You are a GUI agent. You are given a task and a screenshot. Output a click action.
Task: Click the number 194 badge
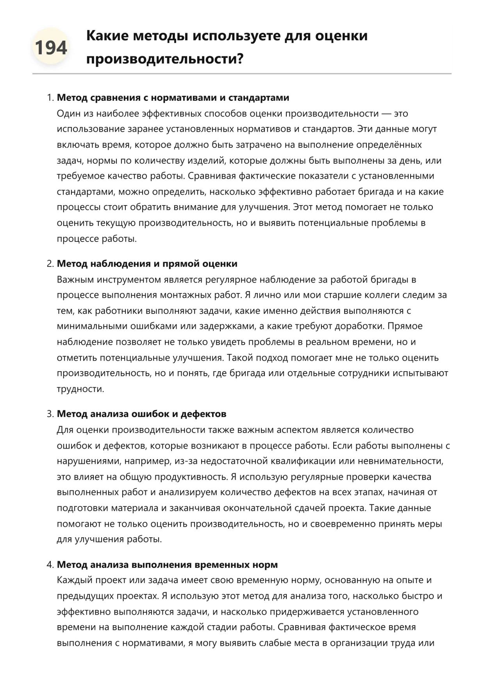pos(51,48)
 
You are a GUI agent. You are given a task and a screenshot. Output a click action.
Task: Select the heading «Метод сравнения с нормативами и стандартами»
pos(173,98)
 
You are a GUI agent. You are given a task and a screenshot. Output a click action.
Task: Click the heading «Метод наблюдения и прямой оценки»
pos(147,264)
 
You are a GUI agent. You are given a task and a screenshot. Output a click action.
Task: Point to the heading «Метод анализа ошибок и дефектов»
pos(142,414)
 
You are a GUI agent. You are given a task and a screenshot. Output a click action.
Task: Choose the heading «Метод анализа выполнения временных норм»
pos(168,565)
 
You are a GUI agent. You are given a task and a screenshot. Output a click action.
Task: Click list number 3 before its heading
pos(50,414)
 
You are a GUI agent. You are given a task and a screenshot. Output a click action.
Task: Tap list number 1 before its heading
pos(50,98)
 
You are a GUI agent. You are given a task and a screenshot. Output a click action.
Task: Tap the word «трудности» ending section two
pos(80,389)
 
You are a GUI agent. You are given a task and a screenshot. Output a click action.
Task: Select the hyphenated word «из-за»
pos(186,461)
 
